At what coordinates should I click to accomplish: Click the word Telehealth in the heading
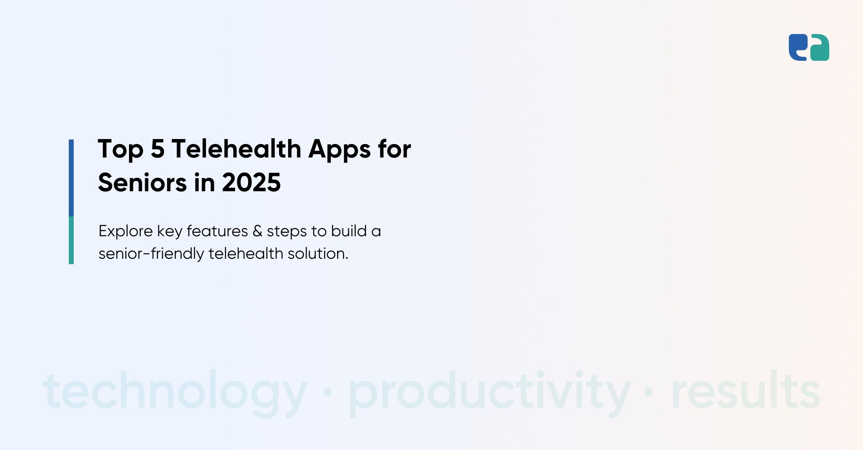[236, 148]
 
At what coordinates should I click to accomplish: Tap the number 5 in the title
[157, 149]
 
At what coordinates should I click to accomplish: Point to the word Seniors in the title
[142, 182]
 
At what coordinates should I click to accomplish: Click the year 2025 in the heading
[251, 183]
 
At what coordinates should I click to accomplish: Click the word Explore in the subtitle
[125, 231]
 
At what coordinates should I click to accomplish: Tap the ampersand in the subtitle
[257, 231]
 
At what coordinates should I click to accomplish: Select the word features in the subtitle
[217, 231]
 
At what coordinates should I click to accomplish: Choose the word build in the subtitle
[349, 231]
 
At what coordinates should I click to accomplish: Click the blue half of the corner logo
[798, 47]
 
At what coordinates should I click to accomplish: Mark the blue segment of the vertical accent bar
[71, 178]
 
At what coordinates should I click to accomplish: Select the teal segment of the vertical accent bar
[71, 240]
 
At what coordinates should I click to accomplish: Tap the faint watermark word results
[746, 390]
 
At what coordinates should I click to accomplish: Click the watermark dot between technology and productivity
[328, 392]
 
